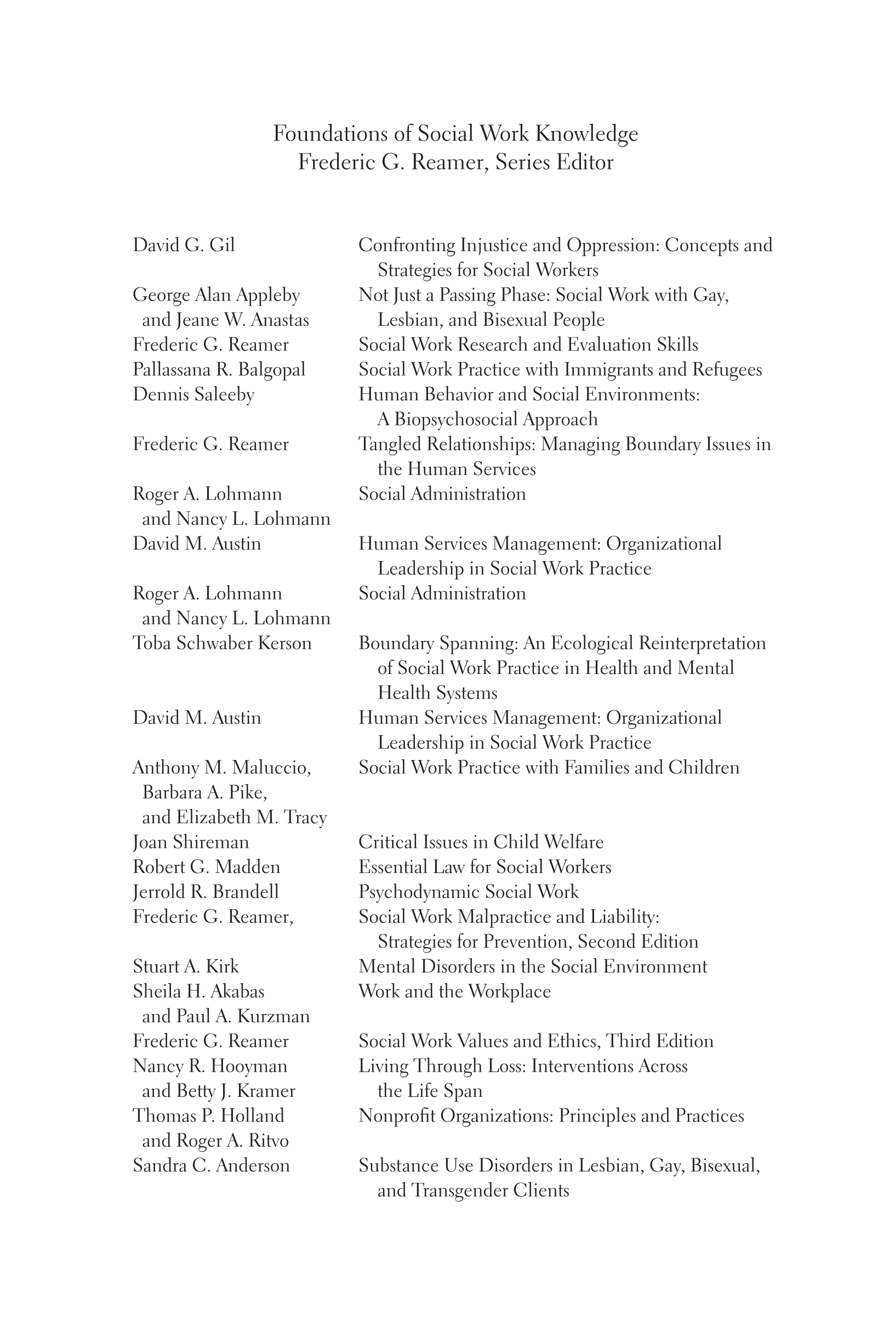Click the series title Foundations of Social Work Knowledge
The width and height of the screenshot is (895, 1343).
point(455,134)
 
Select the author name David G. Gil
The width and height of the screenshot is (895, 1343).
point(184,245)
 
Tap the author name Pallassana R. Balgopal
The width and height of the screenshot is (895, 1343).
point(219,370)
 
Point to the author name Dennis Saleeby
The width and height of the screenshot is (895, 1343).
point(193,394)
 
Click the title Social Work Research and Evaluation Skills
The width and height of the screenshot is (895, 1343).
point(528,344)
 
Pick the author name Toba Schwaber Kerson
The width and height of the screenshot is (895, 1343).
point(222,643)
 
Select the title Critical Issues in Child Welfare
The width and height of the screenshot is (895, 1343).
point(481,842)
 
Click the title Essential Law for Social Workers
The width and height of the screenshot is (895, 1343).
point(484,867)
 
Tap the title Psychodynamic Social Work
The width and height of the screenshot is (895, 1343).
point(468,891)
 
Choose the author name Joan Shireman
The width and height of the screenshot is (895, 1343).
point(191,842)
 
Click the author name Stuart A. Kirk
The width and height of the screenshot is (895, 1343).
point(185,966)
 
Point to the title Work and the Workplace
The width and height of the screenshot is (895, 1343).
point(454,991)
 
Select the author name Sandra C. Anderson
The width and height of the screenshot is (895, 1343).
point(211,1165)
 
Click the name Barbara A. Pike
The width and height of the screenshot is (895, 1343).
point(204,792)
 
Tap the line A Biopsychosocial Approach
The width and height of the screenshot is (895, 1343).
point(487,419)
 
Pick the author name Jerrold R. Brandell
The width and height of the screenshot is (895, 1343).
point(206,891)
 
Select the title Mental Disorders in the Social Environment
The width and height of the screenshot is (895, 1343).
point(533,966)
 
